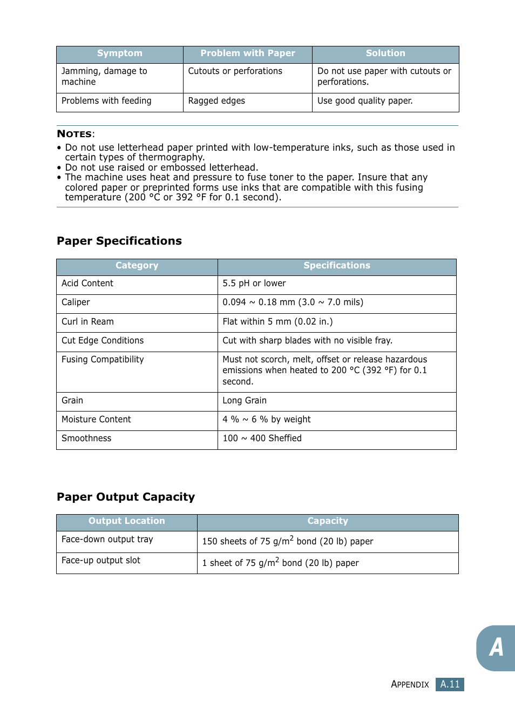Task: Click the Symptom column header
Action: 119,53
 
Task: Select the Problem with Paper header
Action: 248,53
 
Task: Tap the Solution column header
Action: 385,53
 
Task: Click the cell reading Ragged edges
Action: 216,101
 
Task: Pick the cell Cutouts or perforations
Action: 235,71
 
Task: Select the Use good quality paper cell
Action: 365,101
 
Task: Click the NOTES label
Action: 75,134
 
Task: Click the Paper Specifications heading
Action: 119,241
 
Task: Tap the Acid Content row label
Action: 87,284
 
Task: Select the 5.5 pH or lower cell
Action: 254,284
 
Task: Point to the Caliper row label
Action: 76,302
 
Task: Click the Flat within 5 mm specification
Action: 277,322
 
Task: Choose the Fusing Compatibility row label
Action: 103,360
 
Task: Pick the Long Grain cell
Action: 245,401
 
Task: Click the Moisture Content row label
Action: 96,420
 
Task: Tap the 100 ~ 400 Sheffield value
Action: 262,439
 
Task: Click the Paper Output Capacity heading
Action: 126,497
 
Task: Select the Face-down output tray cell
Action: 107,540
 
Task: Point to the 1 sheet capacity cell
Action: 280,563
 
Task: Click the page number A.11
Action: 450,684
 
